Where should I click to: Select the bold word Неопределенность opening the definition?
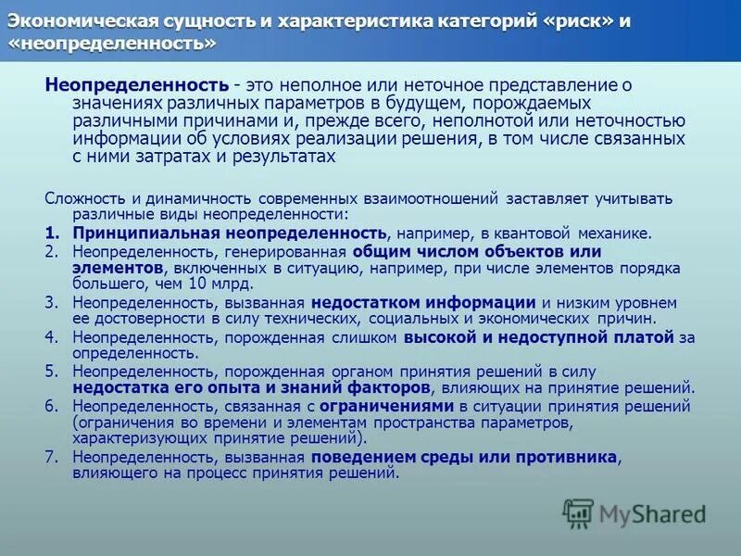pos(136,84)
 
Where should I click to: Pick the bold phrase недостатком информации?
pos(423,302)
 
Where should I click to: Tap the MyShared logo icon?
pos(579,512)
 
